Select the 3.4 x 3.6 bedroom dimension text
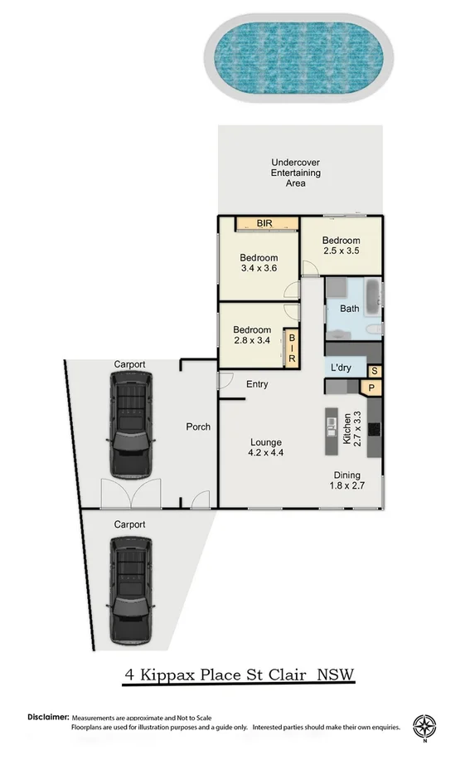tap(258, 269)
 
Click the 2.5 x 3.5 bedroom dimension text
tap(340, 251)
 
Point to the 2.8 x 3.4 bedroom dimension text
tap(252, 340)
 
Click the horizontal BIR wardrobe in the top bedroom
tap(265, 223)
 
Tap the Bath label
tap(350, 309)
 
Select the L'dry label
tap(342, 368)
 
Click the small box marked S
tap(375, 371)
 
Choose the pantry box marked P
tap(371, 387)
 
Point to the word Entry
tap(257, 384)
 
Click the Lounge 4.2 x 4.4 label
tap(264, 447)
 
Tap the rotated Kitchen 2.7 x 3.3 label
tap(352, 430)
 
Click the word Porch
tap(198, 426)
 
